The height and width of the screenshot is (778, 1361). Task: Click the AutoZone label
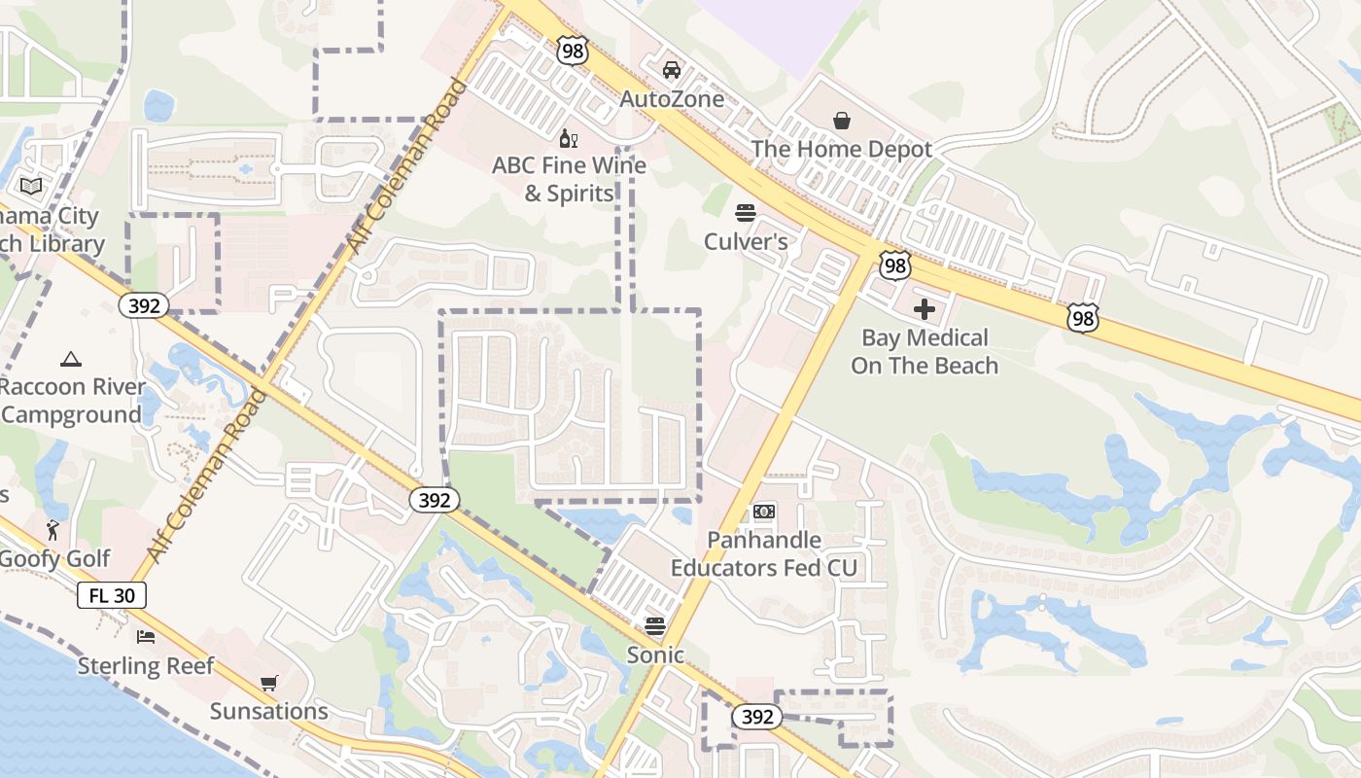[x=672, y=99]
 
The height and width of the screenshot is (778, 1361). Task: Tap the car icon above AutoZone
[x=671, y=70]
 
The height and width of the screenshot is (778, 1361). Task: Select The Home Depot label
[x=841, y=149]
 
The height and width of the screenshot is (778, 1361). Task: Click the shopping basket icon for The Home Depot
[x=842, y=121]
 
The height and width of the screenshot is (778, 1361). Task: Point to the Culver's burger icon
[x=746, y=213]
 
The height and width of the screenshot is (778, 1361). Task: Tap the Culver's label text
[x=746, y=241]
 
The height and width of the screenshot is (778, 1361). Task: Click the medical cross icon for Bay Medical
[x=925, y=309]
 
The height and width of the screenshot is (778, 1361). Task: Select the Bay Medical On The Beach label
[x=925, y=351]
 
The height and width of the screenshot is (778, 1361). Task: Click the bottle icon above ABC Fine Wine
[x=569, y=138]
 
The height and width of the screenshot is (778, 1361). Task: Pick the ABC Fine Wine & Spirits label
[x=569, y=179]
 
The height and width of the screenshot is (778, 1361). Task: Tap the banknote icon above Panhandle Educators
[x=764, y=512]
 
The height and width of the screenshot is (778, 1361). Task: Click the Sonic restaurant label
[x=655, y=654]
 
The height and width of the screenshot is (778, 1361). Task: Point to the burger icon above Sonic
[x=655, y=626]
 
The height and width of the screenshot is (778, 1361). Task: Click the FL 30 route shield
[x=112, y=595]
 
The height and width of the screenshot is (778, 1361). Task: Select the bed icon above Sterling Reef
[x=146, y=638]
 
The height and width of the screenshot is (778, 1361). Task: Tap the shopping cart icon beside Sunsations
[x=268, y=684]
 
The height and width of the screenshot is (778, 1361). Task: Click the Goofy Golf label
[x=55, y=559]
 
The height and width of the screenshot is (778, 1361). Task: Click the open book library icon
[x=31, y=186]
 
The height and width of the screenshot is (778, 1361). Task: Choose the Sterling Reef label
[x=146, y=666]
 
